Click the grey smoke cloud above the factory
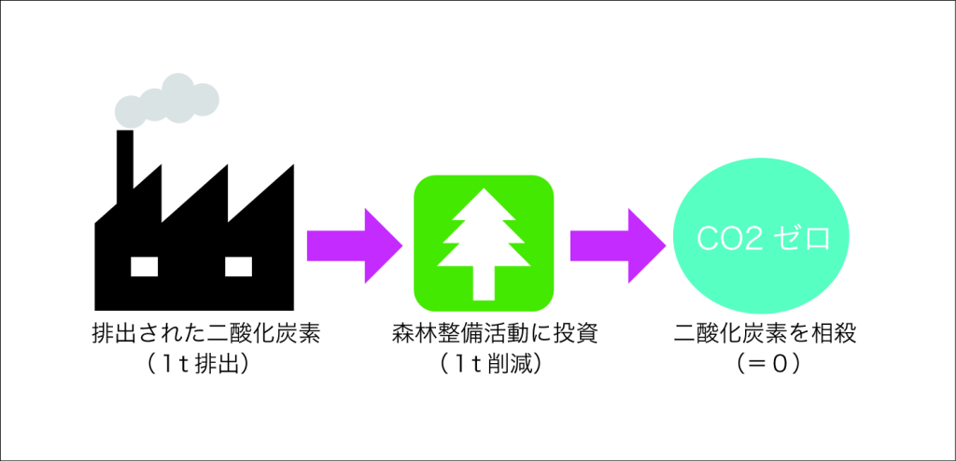(x=166, y=101)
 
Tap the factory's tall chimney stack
(x=125, y=160)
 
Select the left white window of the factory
(x=145, y=267)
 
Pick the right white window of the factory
(x=238, y=267)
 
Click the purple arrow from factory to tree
(x=354, y=245)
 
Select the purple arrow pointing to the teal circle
(x=618, y=245)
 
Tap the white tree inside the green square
(x=484, y=244)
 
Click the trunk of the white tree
(x=484, y=284)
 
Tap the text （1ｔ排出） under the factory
(x=196, y=364)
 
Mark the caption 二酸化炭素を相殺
(x=766, y=335)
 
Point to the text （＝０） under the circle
(x=767, y=364)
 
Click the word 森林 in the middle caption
(x=414, y=335)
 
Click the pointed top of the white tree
(x=484, y=189)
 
